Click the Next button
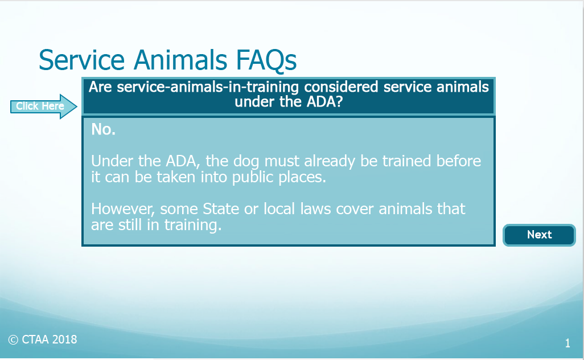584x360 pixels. pyautogui.click(x=539, y=235)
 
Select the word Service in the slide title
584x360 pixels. pyautogui.click(x=81, y=60)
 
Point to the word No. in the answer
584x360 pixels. pyautogui.click(x=103, y=129)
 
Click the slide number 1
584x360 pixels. pyautogui.click(x=567, y=343)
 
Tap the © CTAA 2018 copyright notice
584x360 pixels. pyautogui.click(x=43, y=339)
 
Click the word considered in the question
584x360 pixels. pyautogui.click(x=341, y=87)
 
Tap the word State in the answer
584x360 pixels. pyautogui.click(x=220, y=209)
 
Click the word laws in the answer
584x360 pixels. pyautogui.click(x=315, y=209)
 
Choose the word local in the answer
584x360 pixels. pyautogui.click(x=279, y=208)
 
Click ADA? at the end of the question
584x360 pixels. pyautogui.click(x=324, y=102)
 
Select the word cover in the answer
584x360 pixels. pyautogui.click(x=355, y=210)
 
